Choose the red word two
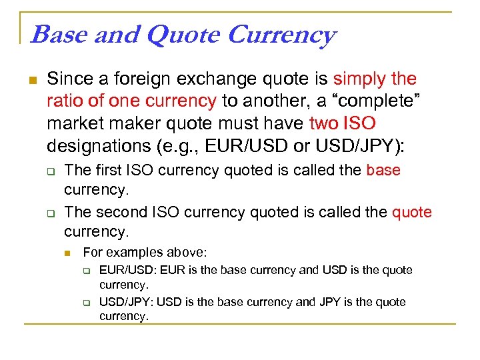pos(323,123)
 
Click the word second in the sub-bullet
pos(125,213)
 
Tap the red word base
pos(383,170)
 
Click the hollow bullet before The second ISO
pos(50,213)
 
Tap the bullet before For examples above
pos(68,253)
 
